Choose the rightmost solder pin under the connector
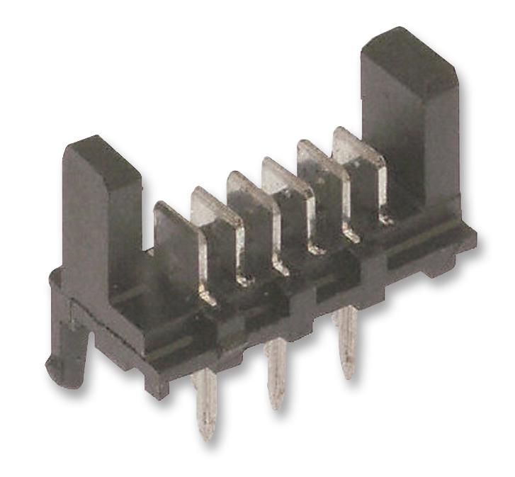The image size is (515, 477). [346, 340]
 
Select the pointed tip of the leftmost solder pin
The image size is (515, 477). [207, 434]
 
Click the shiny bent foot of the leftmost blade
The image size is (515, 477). [205, 294]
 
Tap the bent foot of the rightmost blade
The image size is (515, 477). [383, 218]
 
